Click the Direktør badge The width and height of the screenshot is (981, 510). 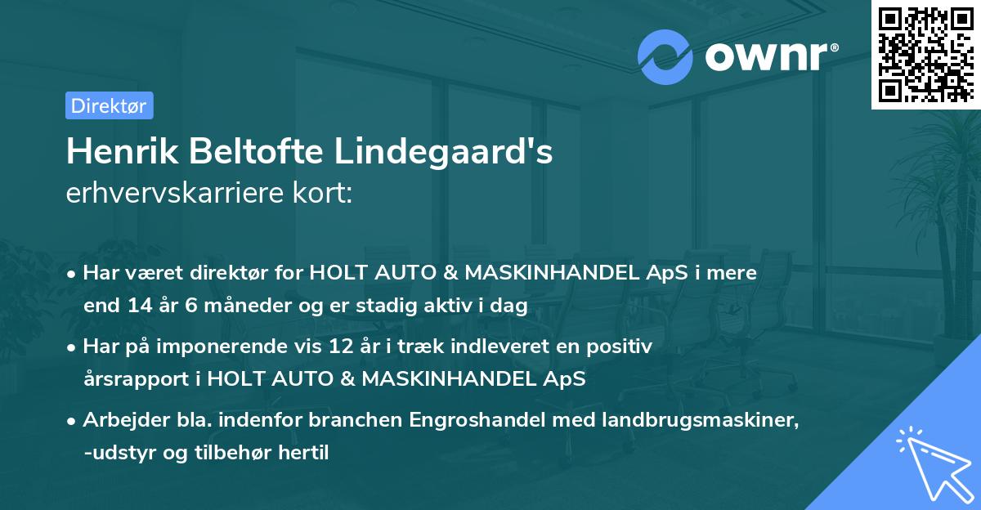[x=109, y=105]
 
